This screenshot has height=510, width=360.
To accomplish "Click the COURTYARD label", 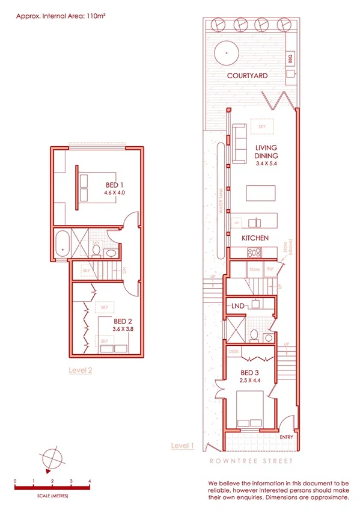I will (246, 76).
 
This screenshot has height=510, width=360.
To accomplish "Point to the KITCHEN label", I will (255, 239).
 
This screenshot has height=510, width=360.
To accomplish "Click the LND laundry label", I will (238, 306).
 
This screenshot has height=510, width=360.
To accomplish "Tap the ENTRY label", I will (286, 437).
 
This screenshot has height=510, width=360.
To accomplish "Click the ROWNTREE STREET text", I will (251, 461).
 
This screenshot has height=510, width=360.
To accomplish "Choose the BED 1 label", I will (114, 185).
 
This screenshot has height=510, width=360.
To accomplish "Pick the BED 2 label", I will (123, 321).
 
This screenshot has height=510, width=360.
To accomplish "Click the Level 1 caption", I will (183, 446).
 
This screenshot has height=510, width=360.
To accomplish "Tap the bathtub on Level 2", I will (62, 246).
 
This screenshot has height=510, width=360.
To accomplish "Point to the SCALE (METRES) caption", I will (51, 497).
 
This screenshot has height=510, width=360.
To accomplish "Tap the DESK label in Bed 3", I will (234, 352).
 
